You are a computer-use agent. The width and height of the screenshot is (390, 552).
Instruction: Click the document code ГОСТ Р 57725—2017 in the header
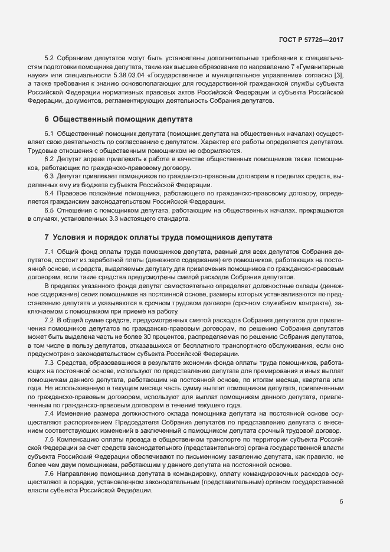point(310,40)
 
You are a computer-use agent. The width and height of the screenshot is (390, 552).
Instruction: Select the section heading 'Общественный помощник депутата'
point(117,120)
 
